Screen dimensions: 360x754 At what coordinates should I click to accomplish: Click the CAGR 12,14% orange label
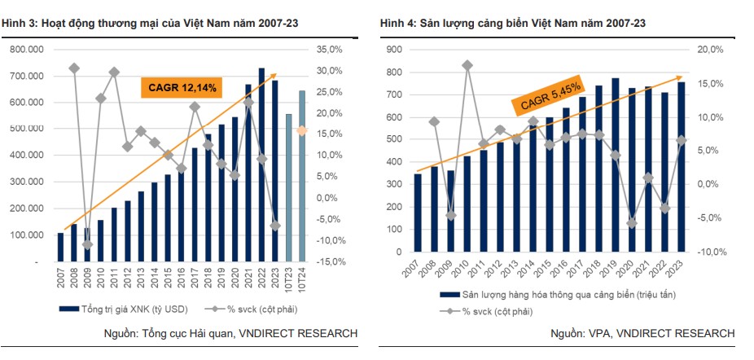(x=181, y=87)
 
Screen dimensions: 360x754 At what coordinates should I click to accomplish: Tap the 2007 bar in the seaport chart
(x=418, y=217)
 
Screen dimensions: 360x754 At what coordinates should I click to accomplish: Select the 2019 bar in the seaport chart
(x=616, y=170)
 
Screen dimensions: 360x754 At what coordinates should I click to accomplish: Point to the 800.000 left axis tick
(x=26, y=50)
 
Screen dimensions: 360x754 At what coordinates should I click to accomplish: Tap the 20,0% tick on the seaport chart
(x=710, y=50)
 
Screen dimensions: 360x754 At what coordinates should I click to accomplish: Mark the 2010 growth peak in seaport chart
(x=467, y=64)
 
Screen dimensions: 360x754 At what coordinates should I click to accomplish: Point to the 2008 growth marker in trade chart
(x=74, y=68)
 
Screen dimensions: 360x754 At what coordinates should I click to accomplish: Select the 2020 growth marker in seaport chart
(x=632, y=223)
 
